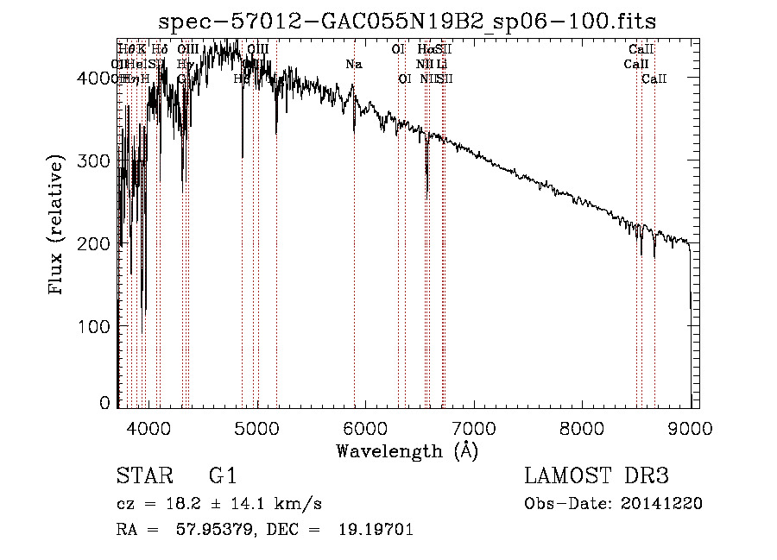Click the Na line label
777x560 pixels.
coord(354,65)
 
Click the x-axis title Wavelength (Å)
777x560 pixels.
coord(407,450)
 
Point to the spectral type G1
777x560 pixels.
coord(222,476)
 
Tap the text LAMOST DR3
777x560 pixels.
coord(597,476)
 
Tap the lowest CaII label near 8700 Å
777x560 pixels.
coord(654,79)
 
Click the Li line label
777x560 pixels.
coord(441,65)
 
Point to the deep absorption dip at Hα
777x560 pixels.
coord(427,188)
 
